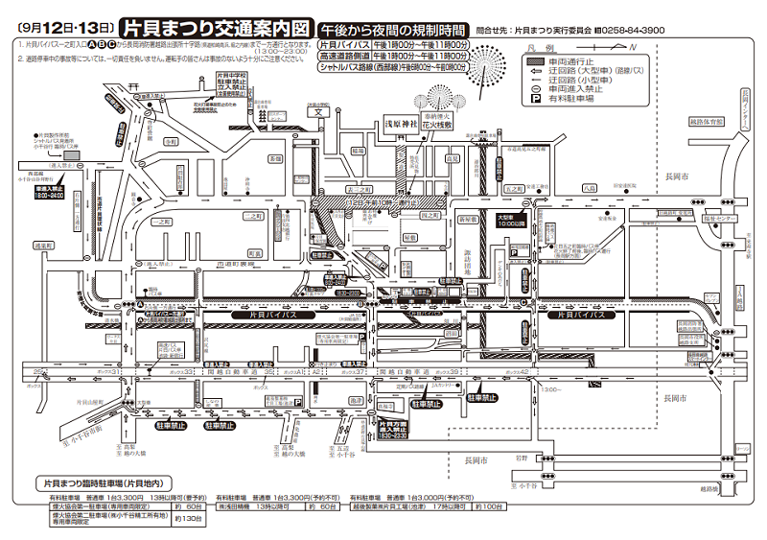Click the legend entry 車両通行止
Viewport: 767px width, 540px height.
click(x=566, y=60)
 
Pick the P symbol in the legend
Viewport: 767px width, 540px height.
click(x=529, y=99)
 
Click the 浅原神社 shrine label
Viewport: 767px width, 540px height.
click(x=405, y=125)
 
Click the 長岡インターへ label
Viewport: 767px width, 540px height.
click(x=744, y=110)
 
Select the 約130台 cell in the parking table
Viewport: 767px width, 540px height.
click(x=190, y=519)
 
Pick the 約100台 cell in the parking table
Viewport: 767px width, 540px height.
click(x=492, y=505)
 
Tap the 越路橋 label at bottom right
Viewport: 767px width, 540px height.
click(x=735, y=489)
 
